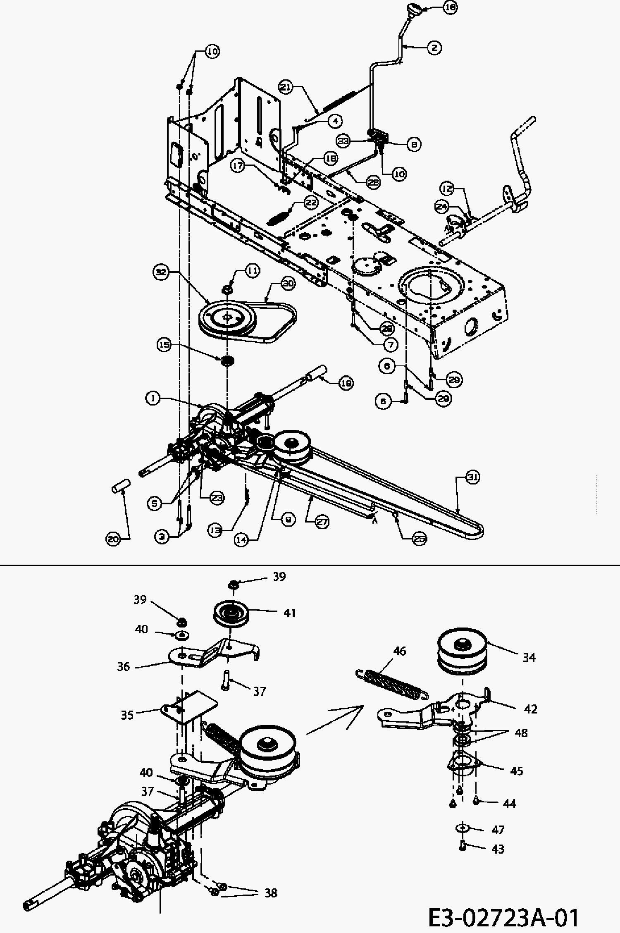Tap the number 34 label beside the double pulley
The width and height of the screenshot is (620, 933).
click(x=529, y=657)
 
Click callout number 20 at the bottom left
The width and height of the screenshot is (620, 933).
click(x=113, y=539)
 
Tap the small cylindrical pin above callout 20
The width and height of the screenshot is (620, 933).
click(x=121, y=485)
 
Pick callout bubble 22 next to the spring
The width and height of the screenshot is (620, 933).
click(x=311, y=203)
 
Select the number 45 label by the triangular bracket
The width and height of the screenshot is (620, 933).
click(x=517, y=771)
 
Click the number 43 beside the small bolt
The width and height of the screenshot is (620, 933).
click(x=498, y=849)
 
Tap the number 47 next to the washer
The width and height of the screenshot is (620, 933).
click(x=498, y=830)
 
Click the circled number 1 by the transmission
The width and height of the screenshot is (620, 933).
click(x=153, y=398)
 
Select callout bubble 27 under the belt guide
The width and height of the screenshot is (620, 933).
click(x=322, y=523)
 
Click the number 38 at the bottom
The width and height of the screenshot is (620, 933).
click(x=271, y=893)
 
